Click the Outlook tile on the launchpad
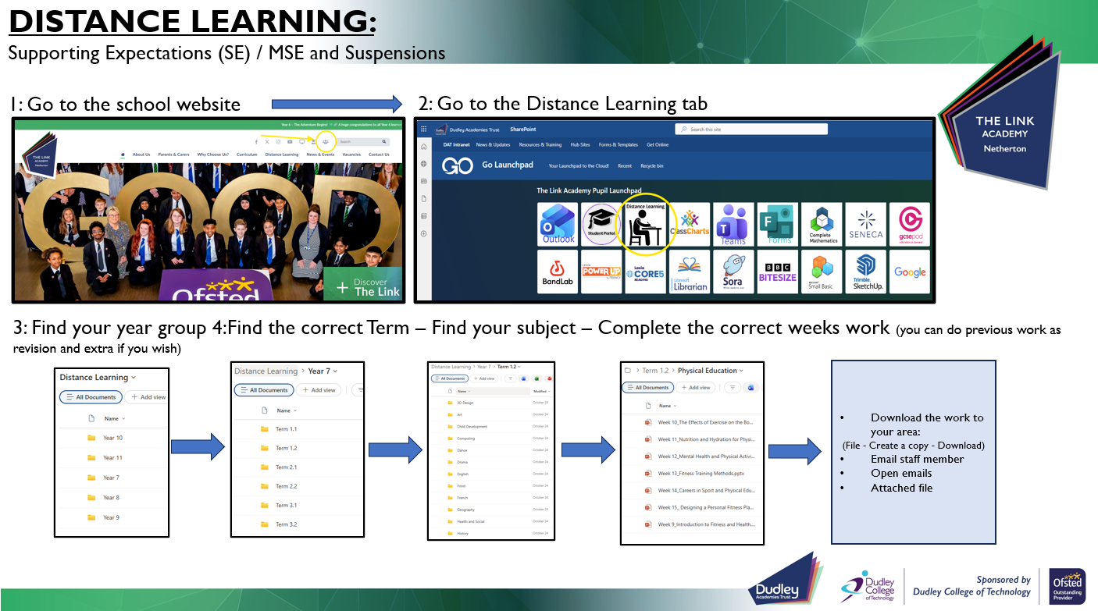558,224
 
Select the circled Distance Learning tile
646,225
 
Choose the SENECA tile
865,224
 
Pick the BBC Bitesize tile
778,272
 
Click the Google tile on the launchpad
910,272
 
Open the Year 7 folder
111,478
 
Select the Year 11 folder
112,458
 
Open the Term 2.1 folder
286,467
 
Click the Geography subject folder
465,510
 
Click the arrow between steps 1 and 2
336,104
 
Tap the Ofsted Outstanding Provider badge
1067,586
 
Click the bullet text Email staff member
917,459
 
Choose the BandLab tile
558,272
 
